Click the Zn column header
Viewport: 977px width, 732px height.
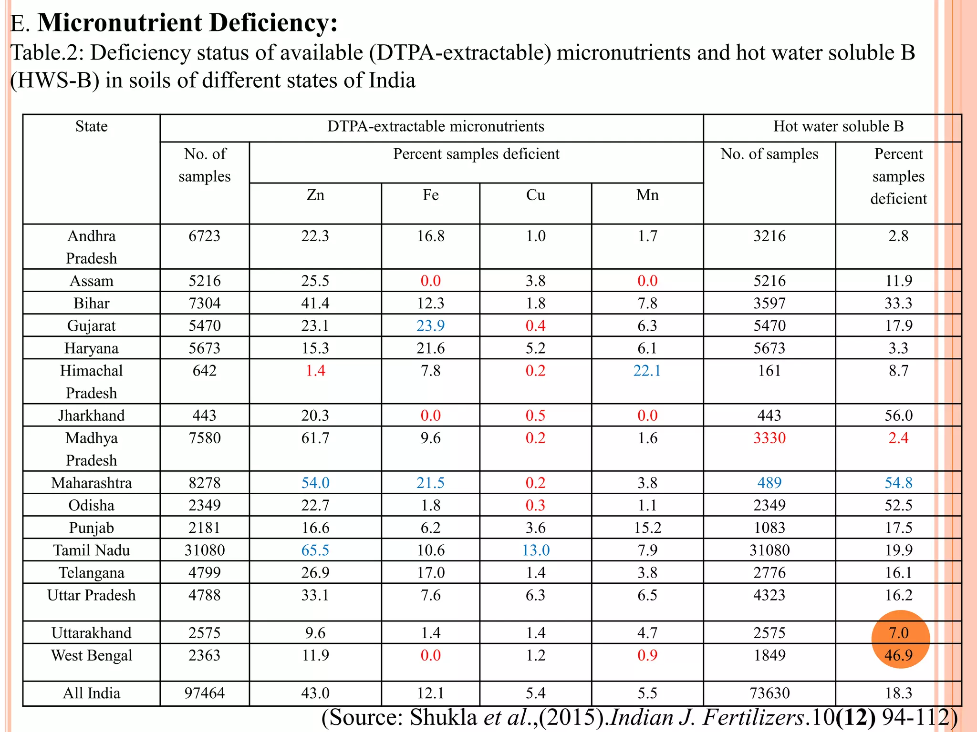[315, 195]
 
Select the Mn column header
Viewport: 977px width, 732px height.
[647, 195]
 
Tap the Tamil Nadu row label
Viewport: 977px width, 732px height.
[91, 550]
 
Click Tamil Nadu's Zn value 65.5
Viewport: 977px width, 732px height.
[315, 550]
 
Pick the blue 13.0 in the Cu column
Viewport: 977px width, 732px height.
[536, 550]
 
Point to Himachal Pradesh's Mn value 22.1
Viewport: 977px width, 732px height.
[647, 370]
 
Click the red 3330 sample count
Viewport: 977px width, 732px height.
[769, 438]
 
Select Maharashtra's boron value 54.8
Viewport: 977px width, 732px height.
[898, 483]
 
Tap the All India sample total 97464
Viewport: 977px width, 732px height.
[205, 693]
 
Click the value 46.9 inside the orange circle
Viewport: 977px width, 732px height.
[898, 655]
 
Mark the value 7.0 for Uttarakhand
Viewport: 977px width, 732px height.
[899, 633]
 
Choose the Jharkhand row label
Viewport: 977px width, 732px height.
[91, 416]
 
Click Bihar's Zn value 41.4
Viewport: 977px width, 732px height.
[315, 303]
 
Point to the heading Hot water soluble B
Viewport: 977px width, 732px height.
[838, 126]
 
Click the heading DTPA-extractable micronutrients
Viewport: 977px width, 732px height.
[436, 126]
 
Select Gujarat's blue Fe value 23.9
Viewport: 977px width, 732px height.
[430, 325]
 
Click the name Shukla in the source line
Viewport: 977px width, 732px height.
[444, 717]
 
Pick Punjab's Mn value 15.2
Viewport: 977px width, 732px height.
[647, 528]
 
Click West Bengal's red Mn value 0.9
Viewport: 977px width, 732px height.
[647, 655]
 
